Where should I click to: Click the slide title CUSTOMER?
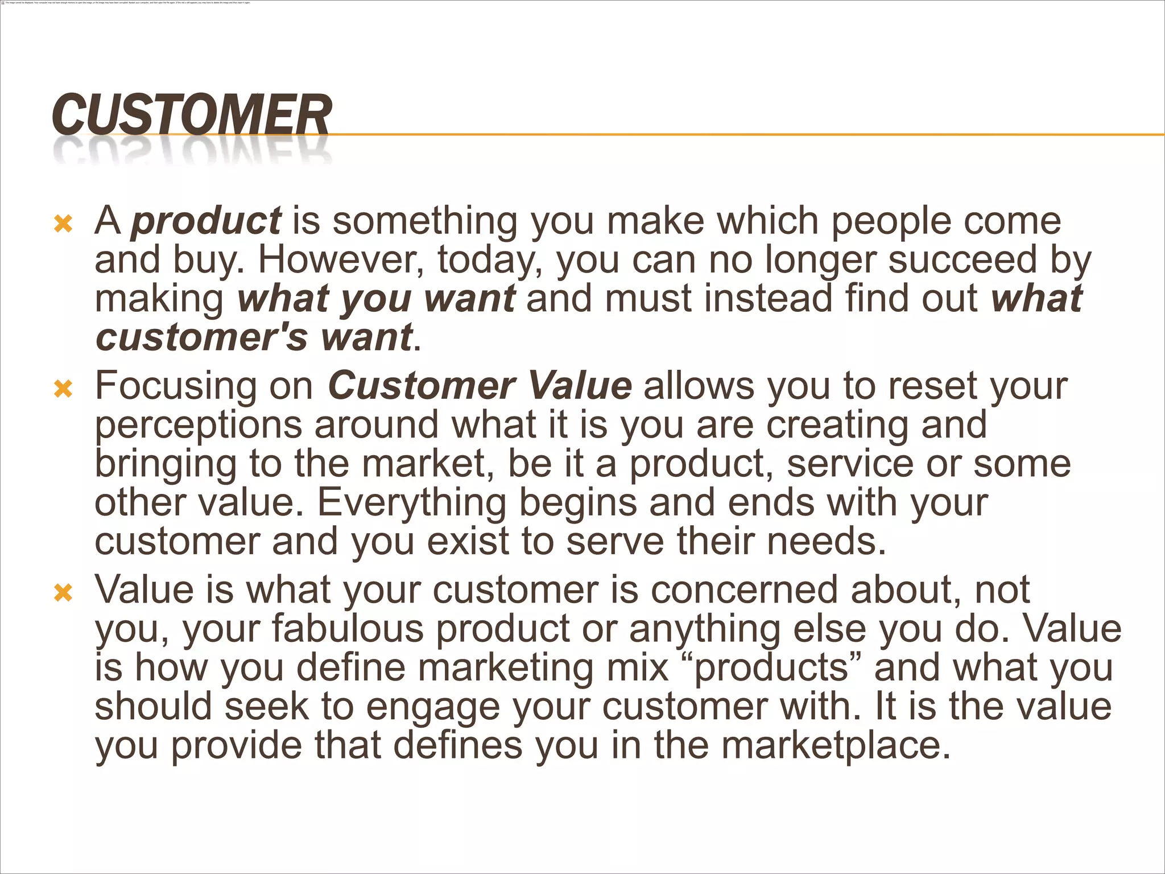coord(191,116)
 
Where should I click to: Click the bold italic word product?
coord(205,221)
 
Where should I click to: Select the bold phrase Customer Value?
coord(480,386)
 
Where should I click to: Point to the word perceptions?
coord(197,426)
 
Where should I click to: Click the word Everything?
coord(411,502)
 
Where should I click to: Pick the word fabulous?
coord(347,629)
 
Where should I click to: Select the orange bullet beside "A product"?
coord(63,224)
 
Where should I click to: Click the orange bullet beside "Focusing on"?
coord(63,389)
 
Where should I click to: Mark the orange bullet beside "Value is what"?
coord(63,593)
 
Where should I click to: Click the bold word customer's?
coord(201,337)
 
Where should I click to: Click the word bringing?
coord(165,464)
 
